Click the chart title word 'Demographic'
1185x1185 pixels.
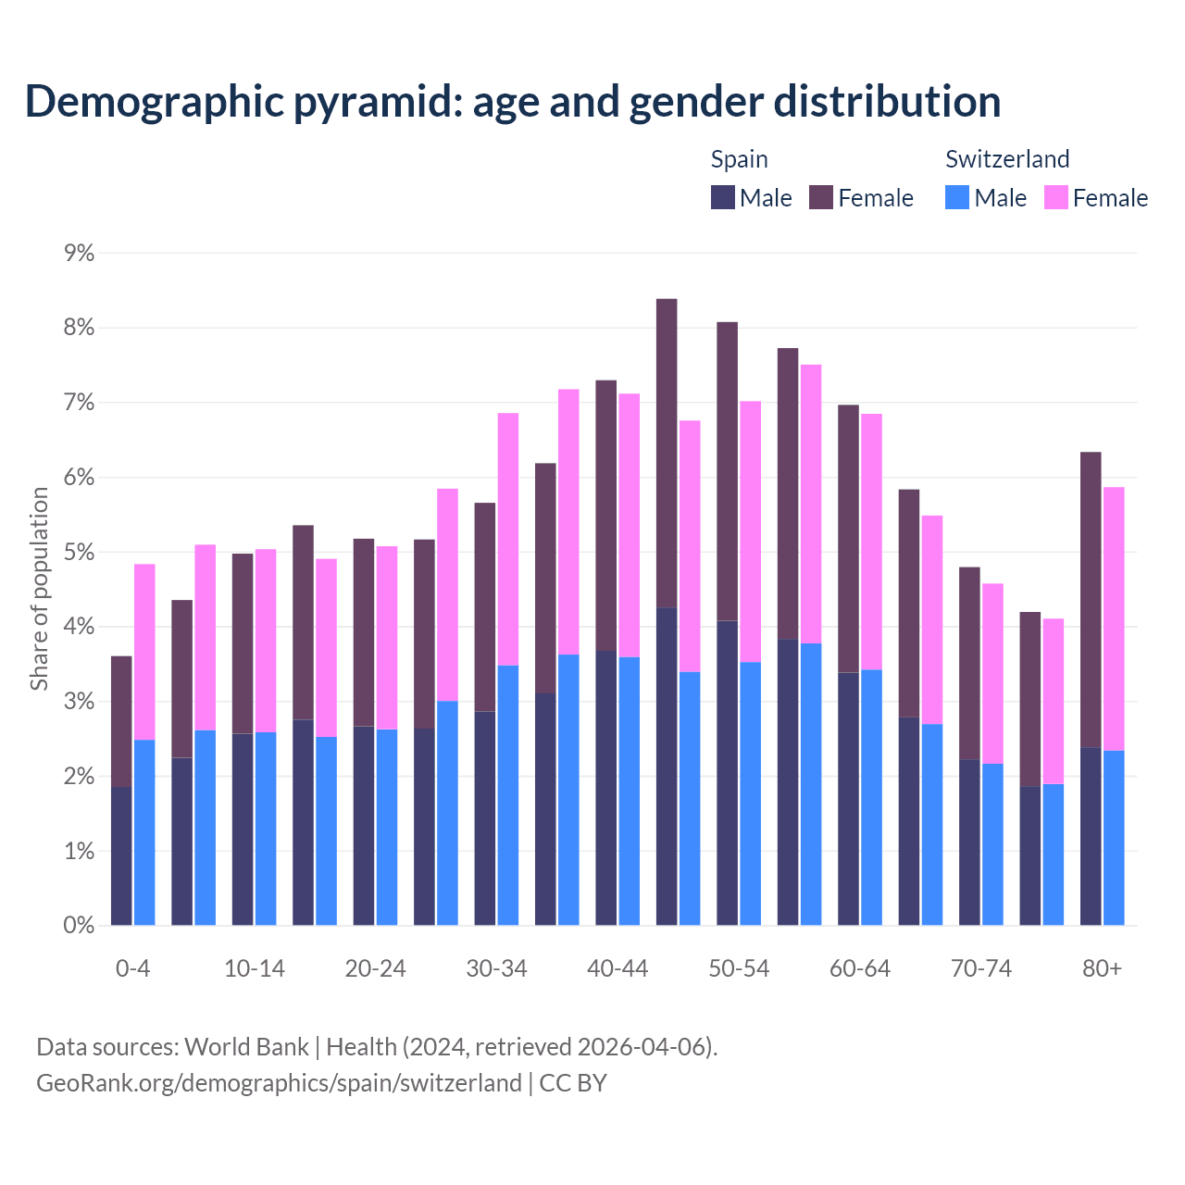click(x=153, y=102)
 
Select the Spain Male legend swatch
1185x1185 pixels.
click(x=722, y=197)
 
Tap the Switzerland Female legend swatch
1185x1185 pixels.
click(x=1055, y=197)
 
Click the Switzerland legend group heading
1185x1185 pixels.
click(x=1007, y=159)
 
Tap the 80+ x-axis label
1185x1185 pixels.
click(x=1102, y=968)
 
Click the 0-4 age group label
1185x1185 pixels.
click(x=132, y=968)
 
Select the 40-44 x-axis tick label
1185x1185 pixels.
click(x=617, y=968)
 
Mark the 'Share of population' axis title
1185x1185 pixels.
click(x=39, y=589)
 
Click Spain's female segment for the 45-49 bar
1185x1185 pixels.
click(x=667, y=453)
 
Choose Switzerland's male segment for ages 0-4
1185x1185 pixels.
click(x=144, y=832)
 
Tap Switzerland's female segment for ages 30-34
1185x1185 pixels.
click(x=508, y=539)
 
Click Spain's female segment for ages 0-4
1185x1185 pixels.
click(x=121, y=721)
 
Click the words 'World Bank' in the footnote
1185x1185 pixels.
click(x=246, y=1046)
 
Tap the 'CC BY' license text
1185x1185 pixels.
click(x=573, y=1082)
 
